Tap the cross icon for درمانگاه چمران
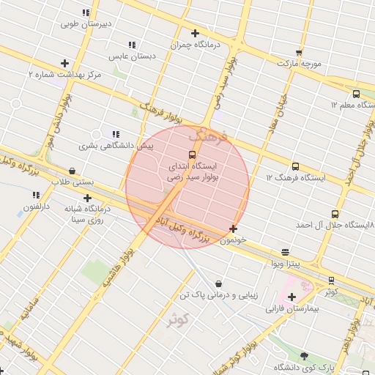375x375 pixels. coord(195,33)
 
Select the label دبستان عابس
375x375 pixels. coord(128,56)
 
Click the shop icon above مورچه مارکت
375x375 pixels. coord(299,52)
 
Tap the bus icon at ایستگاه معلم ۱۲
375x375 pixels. coord(356,94)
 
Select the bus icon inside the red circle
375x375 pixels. coord(192,155)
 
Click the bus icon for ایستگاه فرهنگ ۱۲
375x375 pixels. coord(295,166)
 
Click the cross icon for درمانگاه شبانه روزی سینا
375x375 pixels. coord(88,198)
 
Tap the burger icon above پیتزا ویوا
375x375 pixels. coord(285,252)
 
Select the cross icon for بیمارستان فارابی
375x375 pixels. coord(292,297)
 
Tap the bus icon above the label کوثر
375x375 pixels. coord(332,280)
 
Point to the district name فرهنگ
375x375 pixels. coord(208,135)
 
